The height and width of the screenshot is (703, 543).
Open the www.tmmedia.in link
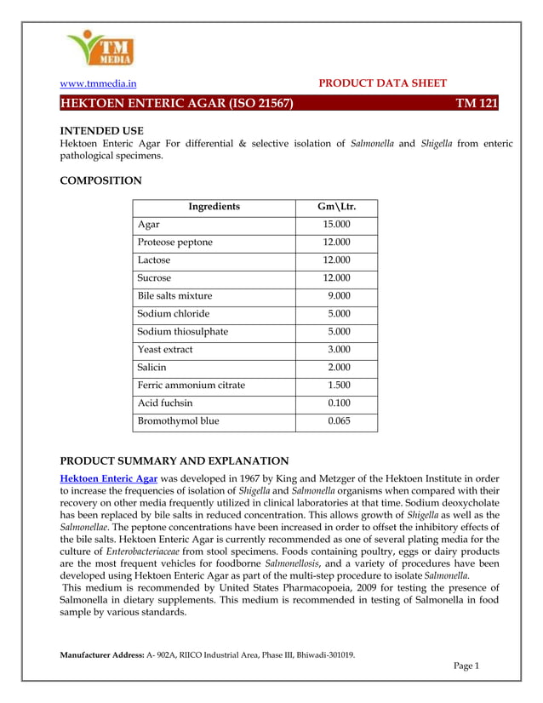tap(97, 83)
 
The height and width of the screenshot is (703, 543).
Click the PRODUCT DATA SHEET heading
tap(381, 83)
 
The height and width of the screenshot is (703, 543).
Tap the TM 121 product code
tap(476, 104)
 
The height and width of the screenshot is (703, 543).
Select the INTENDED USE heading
tap(100, 130)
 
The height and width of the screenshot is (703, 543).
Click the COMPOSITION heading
tap(100, 180)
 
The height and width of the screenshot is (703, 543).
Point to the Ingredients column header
tap(213, 207)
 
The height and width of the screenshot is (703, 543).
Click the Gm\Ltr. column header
tap(336, 207)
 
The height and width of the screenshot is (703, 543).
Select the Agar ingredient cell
tap(148, 225)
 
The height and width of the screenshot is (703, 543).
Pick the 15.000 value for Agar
tap(336, 225)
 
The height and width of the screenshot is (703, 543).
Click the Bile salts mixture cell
tap(174, 296)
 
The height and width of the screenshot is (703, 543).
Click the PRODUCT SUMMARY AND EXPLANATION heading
tap(174, 460)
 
